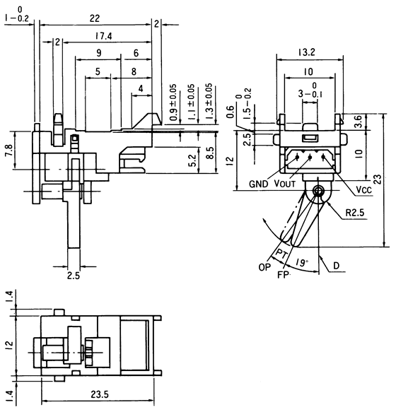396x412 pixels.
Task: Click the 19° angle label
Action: click(x=303, y=263)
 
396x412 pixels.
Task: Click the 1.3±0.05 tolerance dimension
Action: click(x=209, y=100)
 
